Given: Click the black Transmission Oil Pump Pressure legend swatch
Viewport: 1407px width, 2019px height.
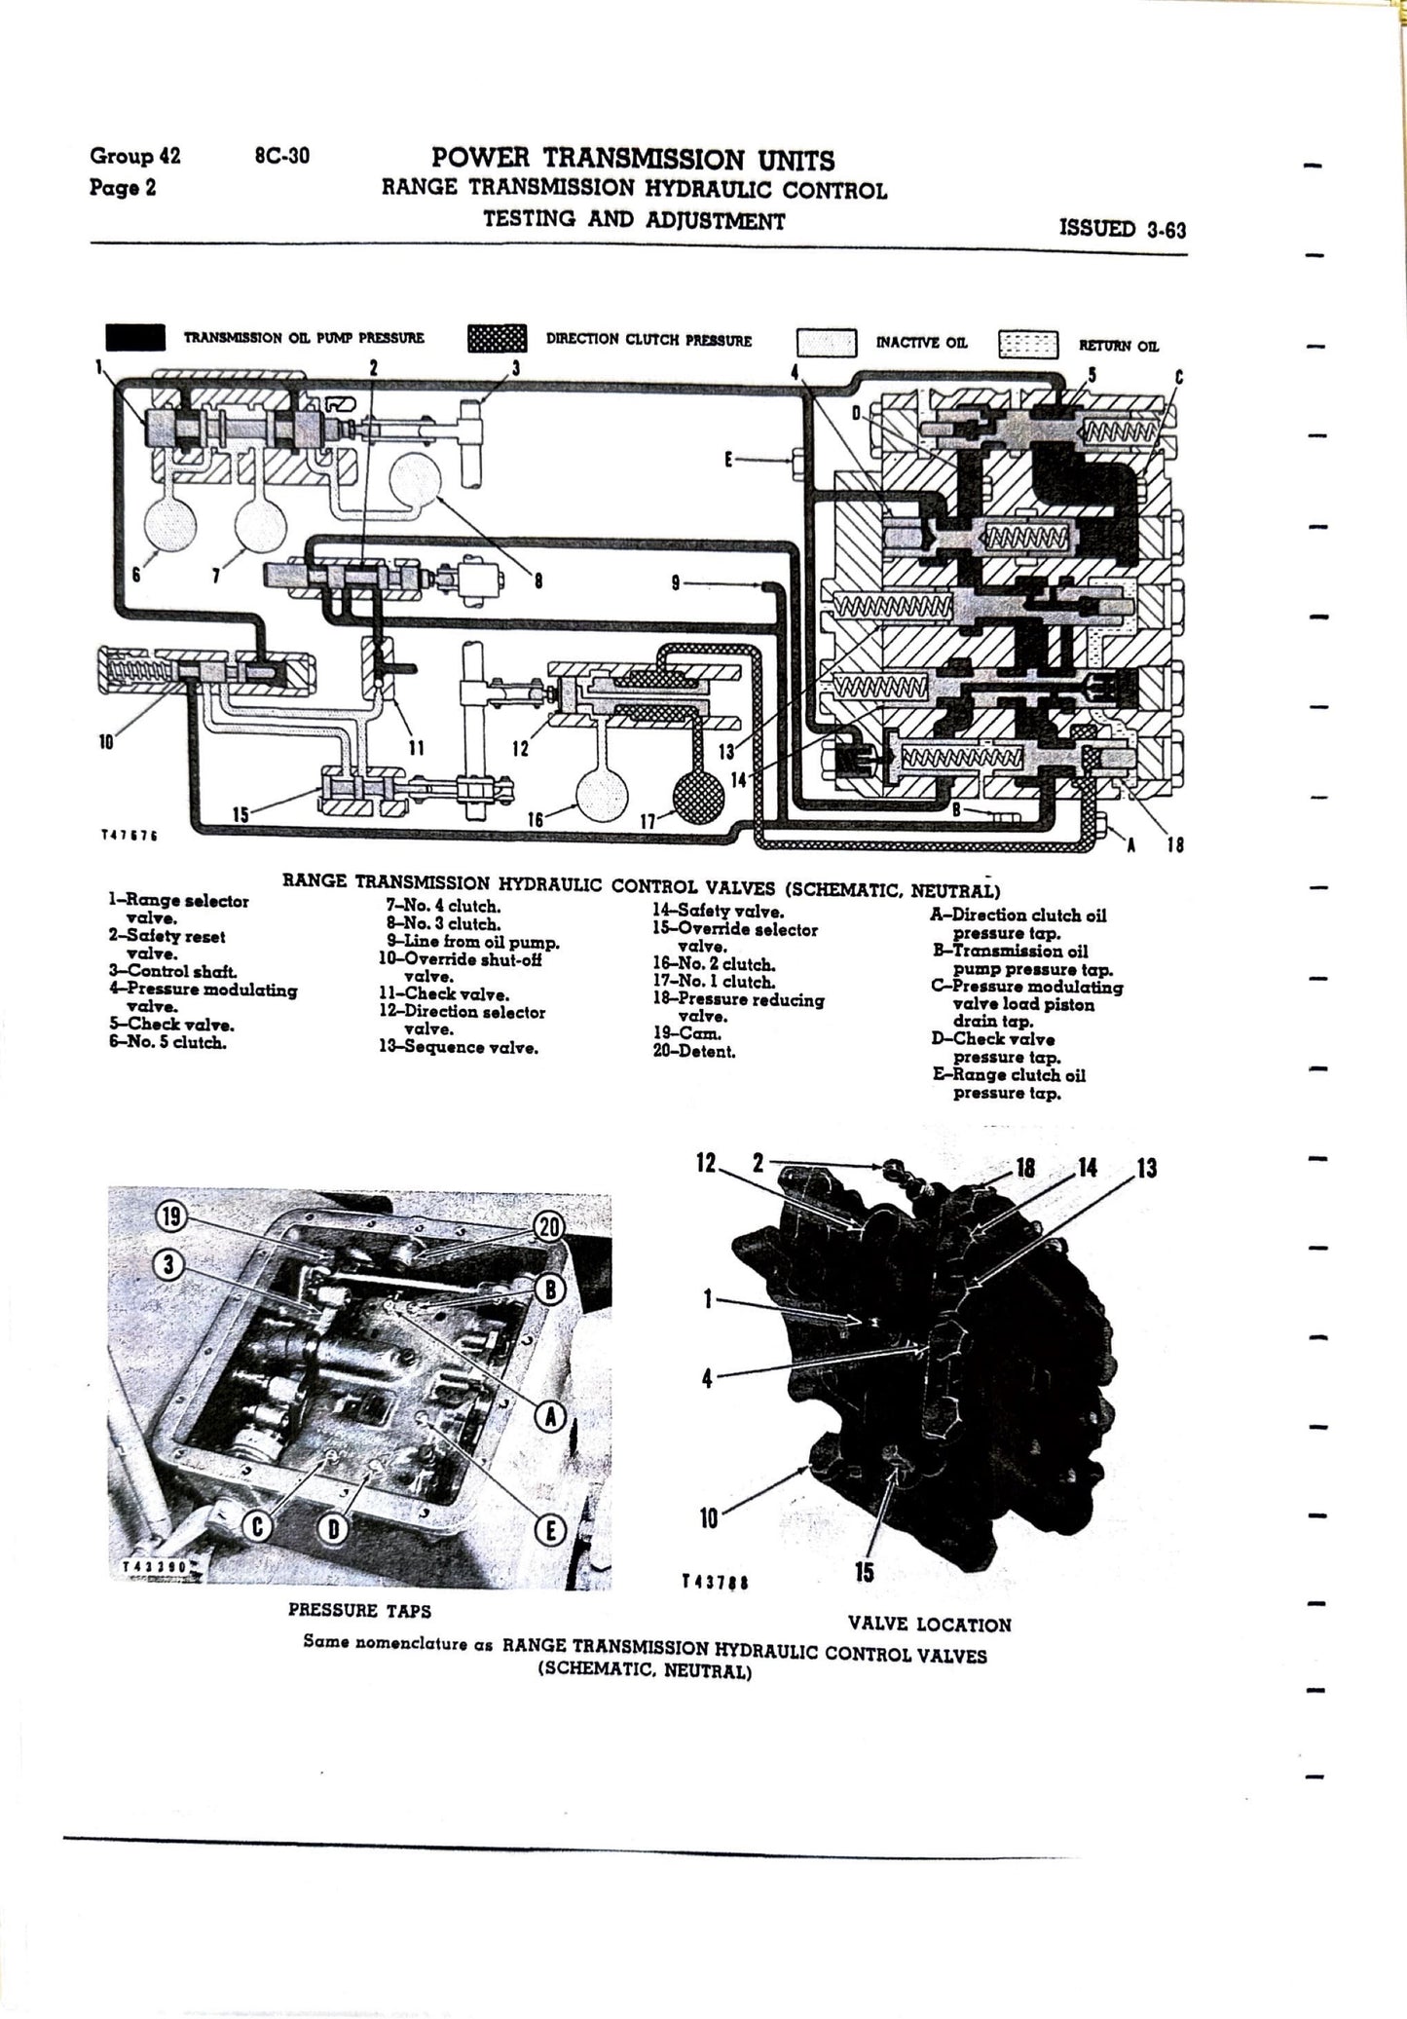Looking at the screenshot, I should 134,337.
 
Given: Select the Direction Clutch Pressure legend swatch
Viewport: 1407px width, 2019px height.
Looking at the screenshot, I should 497,338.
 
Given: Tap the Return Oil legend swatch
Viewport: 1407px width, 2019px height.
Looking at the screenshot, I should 1027,344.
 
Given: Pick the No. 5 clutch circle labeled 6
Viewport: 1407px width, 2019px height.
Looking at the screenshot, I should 170,526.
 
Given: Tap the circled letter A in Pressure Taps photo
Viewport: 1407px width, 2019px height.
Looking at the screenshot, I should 551,1418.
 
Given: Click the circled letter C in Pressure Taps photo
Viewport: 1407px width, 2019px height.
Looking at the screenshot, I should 257,1527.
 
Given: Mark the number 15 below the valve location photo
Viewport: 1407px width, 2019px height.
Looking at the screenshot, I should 864,1572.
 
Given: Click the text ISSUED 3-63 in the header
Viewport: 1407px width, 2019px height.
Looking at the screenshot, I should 1122,229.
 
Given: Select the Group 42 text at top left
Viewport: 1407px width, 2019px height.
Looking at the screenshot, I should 134,156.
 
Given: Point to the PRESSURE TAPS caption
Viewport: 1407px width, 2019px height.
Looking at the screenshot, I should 359,1610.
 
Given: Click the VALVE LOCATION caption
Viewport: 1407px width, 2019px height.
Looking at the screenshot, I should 929,1624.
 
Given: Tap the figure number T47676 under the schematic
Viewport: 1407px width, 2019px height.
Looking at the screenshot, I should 129,835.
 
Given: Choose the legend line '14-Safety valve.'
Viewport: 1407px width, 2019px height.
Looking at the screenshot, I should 718,912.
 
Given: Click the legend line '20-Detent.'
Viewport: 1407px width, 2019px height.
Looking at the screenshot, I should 693,1052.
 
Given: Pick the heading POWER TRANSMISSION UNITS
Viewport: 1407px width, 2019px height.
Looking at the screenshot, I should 633,159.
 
